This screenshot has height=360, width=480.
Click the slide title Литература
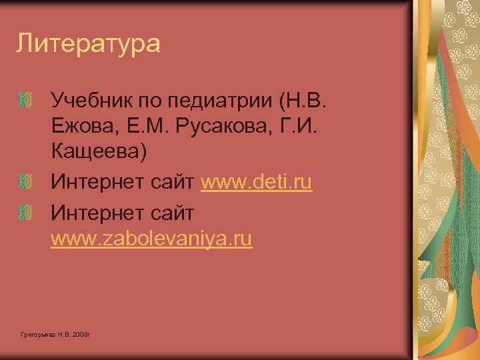pyautogui.click(x=89, y=44)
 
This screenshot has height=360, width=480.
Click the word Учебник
pyautogui.click(x=91, y=102)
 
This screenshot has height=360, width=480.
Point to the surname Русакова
pyautogui.click(x=224, y=127)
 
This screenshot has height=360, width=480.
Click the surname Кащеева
pyautogui.click(x=98, y=151)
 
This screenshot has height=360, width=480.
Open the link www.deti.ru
pyautogui.click(x=256, y=181)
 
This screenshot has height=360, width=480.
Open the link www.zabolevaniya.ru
pyautogui.click(x=152, y=238)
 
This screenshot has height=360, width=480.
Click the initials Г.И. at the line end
pyautogui.click(x=295, y=127)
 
